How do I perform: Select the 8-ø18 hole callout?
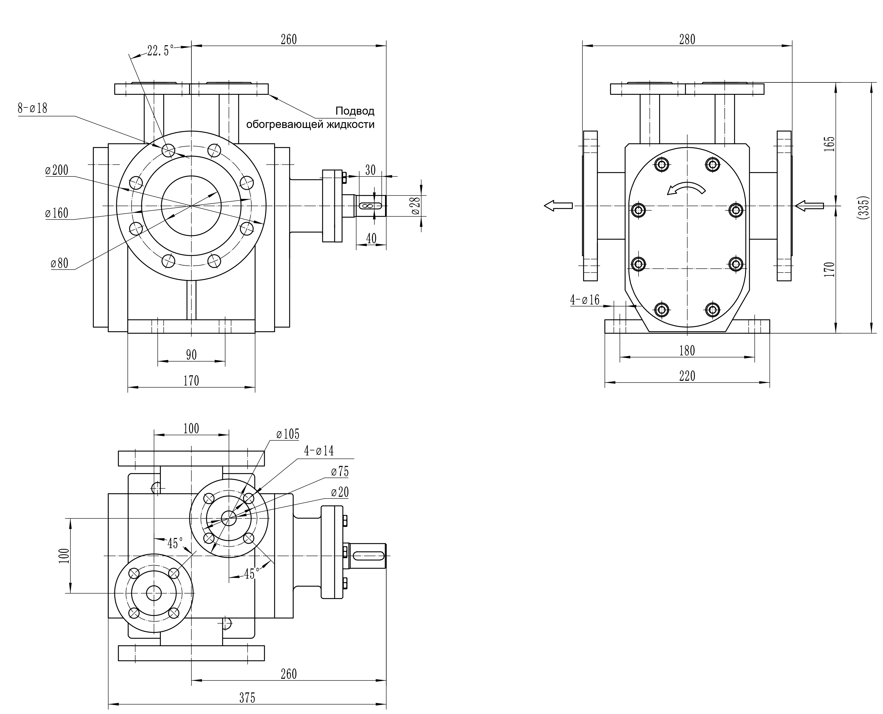(x=33, y=108)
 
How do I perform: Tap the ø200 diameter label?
(x=57, y=170)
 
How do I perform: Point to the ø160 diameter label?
(x=57, y=213)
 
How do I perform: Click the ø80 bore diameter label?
(x=60, y=263)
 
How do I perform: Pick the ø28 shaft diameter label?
(x=416, y=206)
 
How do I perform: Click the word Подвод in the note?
(x=355, y=111)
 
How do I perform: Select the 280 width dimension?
(x=687, y=39)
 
